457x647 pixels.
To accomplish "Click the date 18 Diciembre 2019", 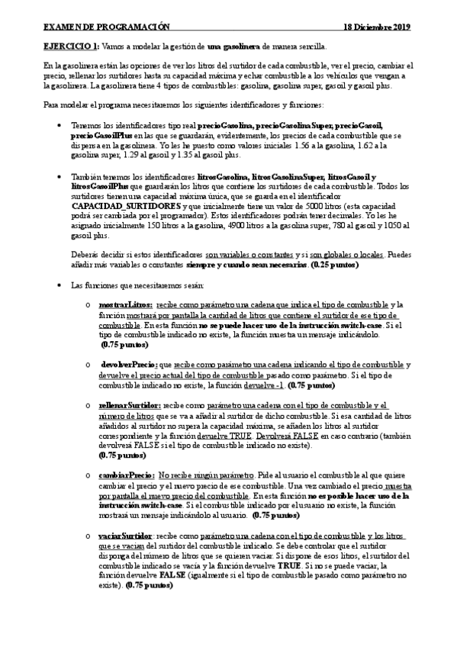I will [x=377, y=26].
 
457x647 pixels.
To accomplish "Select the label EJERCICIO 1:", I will [x=72, y=47].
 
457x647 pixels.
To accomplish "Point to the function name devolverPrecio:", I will [x=131, y=365].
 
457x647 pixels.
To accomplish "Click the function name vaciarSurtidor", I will [x=126, y=535].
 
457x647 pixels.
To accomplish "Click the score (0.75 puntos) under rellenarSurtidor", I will [x=123, y=455].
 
